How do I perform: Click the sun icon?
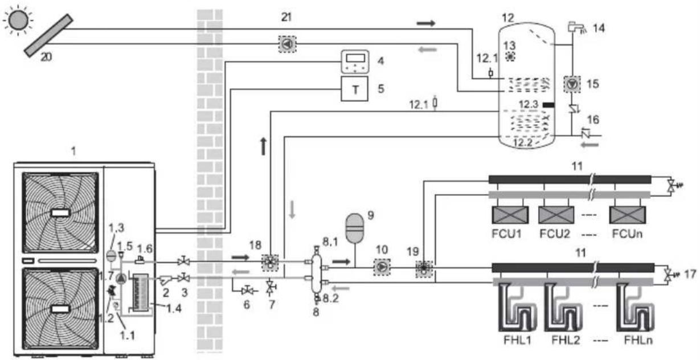(x=18, y=20)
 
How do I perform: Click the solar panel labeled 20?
(x=49, y=36)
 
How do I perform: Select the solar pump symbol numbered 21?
(x=287, y=44)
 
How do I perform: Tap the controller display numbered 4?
(x=355, y=62)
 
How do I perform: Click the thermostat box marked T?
(x=354, y=89)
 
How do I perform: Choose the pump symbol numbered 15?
(x=572, y=84)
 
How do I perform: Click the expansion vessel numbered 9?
(x=355, y=228)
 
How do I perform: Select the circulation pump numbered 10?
(x=382, y=267)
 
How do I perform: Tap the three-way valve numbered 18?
(x=270, y=263)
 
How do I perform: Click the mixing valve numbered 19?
(x=424, y=269)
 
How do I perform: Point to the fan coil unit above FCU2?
(x=556, y=215)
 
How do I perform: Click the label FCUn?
(x=627, y=234)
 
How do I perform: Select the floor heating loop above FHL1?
(x=517, y=308)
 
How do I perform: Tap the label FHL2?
(x=566, y=340)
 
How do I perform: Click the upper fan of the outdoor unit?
(x=60, y=212)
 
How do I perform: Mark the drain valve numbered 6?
(x=248, y=291)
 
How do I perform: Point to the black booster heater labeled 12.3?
(x=548, y=105)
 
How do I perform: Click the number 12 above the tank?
(x=508, y=18)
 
